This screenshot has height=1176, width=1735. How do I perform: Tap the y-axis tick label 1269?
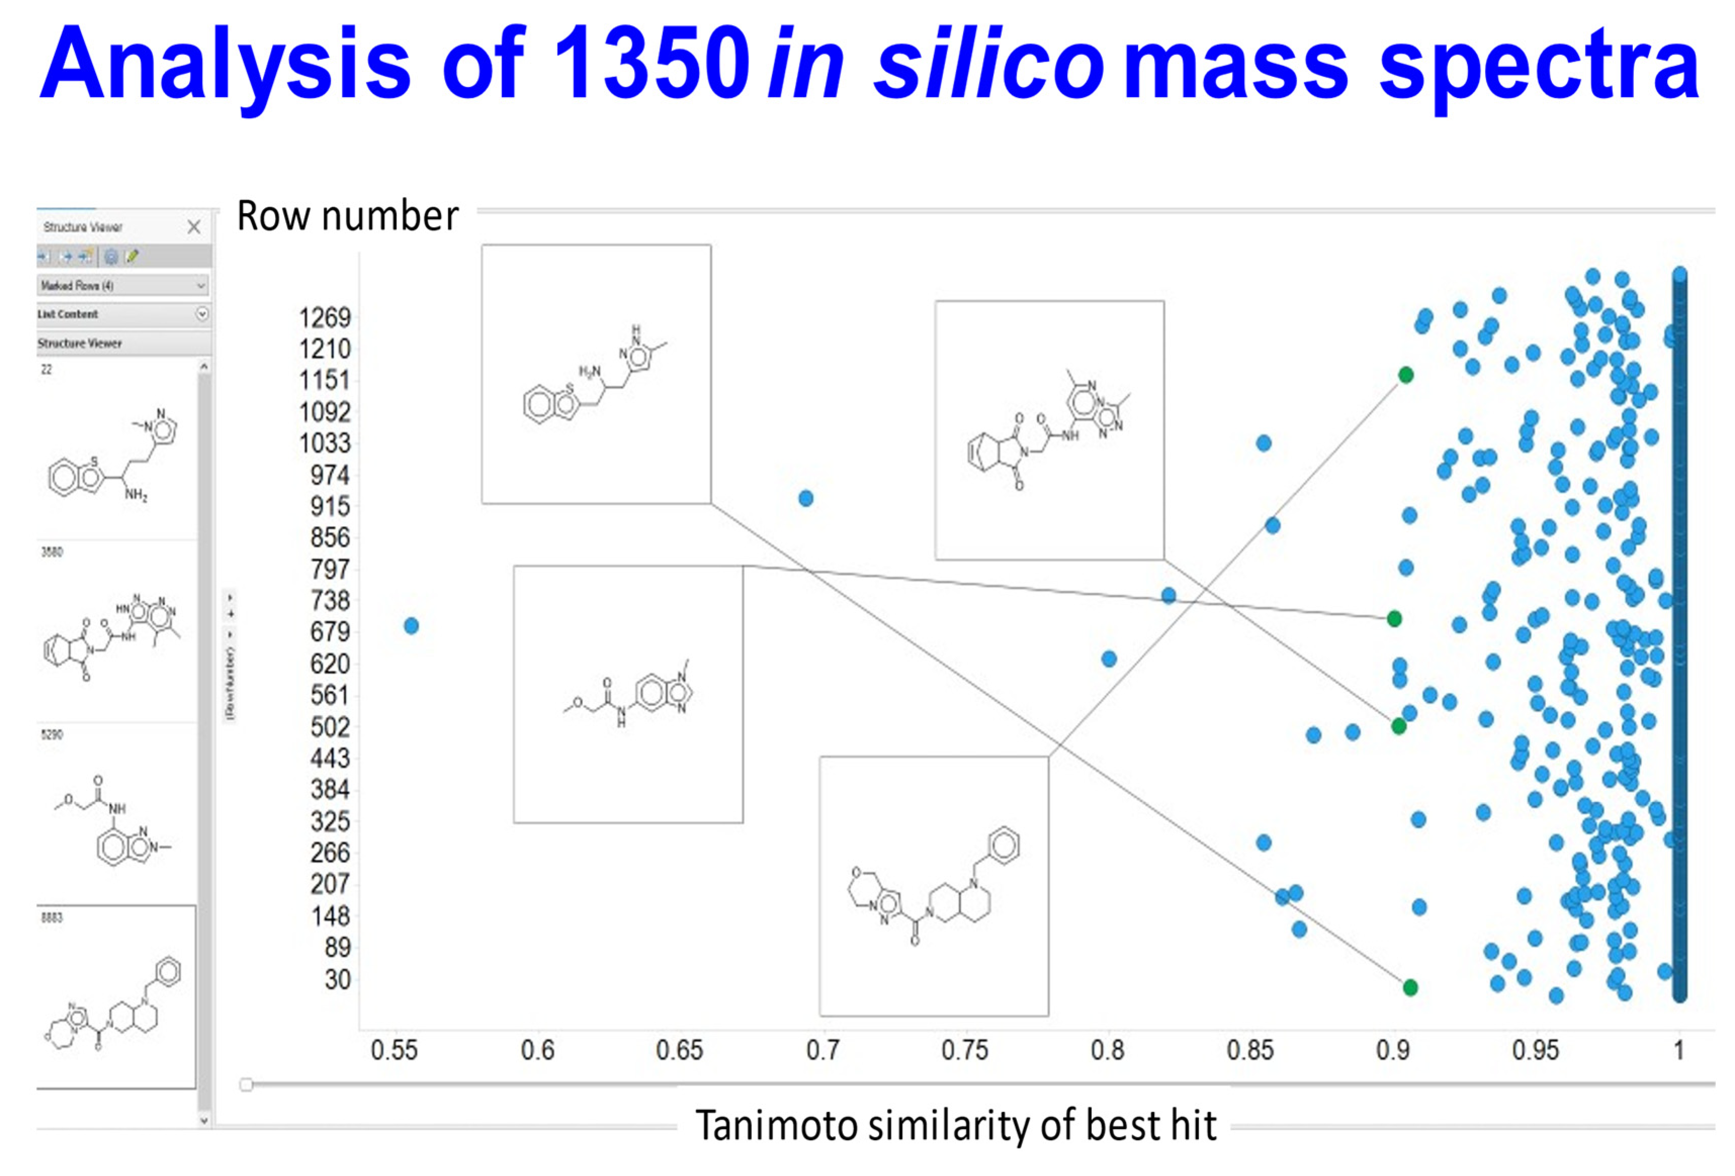click(x=325, y=318)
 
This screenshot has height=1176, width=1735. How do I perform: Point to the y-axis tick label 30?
click(x=337, y=979)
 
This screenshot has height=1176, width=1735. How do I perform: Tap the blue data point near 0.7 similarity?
click(x=806, y=498)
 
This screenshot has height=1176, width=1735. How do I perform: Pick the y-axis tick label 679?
click(x=330, y=633)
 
